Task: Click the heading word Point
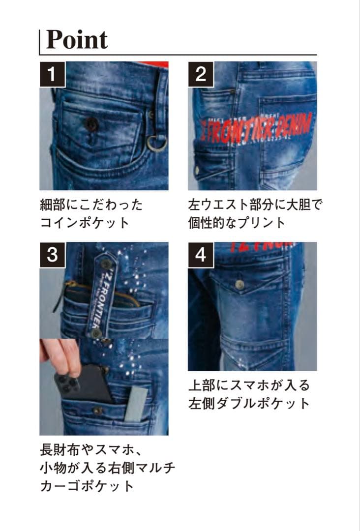point(77,39)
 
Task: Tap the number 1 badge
point(53,75)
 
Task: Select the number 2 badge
point(201,75)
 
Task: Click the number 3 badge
point(53,255)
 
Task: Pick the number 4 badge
point(201,255)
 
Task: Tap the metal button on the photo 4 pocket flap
point(240,285)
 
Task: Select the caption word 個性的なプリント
point(237,222)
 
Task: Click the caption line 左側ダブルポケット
point(249,404)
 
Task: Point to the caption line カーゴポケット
point(87,486)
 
